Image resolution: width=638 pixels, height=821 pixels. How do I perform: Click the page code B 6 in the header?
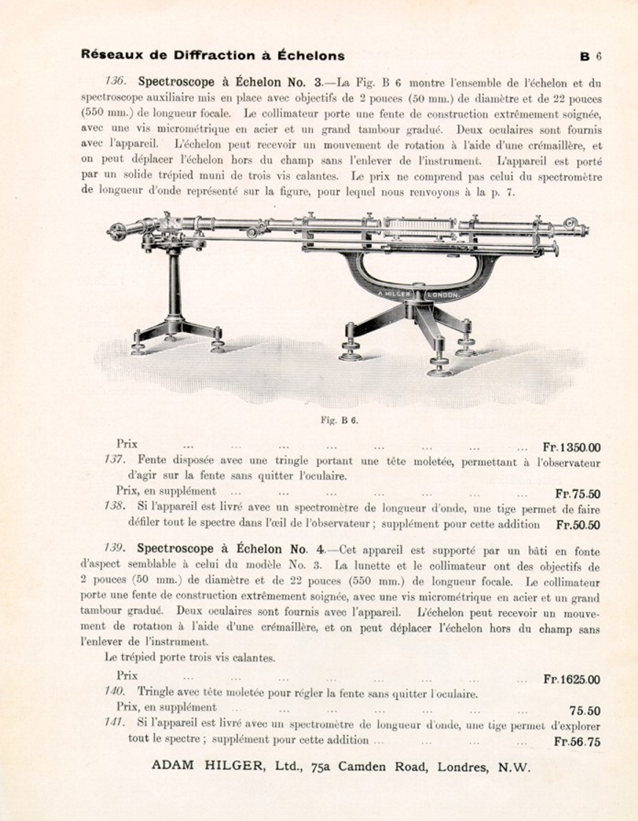point(590,56)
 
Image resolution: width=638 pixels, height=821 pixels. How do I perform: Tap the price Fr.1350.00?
point(571,447)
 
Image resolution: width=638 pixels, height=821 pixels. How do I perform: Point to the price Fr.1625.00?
point(571,679)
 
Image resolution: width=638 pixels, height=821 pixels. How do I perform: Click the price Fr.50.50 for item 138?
point(578,525)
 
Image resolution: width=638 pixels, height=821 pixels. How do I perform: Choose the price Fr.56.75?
point(577,741)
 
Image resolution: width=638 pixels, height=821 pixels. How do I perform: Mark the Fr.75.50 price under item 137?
point(578,494)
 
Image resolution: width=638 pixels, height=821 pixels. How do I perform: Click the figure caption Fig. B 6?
point(339,420)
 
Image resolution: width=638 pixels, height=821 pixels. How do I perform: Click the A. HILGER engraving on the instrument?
point(394,294)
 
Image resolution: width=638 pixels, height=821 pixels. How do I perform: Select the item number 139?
point(115,549)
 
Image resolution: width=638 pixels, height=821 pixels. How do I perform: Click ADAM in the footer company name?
point(173,767)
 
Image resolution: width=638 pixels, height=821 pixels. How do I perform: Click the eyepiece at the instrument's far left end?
point(116,233)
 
